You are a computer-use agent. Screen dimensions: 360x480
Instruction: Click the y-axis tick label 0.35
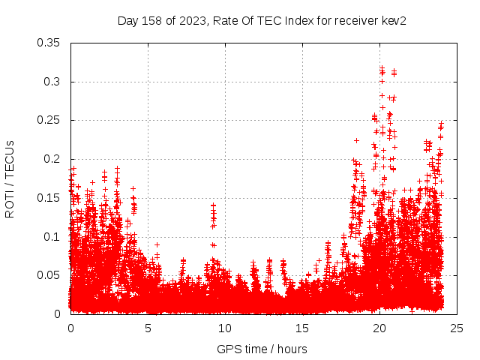click(49, 43)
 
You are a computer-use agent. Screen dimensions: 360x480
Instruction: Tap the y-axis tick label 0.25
click(49, 120)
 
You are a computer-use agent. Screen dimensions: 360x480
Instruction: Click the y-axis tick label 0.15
click(49, 198)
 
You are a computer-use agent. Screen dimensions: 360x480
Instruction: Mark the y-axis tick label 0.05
click(49, 275)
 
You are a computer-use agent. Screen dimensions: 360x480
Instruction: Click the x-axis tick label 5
click(148, 328)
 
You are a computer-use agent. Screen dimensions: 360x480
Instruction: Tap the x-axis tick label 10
click(225, 328)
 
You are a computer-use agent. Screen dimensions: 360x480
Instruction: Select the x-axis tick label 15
click(302, 328)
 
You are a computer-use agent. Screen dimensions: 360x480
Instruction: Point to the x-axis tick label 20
click(379, 328)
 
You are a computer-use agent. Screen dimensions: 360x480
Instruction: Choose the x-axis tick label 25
click(457, 328)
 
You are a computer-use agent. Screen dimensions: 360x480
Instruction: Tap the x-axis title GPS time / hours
click(262, 349)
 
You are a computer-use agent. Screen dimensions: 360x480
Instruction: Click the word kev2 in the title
click(393, 21)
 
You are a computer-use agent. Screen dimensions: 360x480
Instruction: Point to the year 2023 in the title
click(190, 21)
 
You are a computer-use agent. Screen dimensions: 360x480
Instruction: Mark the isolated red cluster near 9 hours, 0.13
click(213, 214)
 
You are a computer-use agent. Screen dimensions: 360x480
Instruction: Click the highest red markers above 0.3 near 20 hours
click(382, 71)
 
